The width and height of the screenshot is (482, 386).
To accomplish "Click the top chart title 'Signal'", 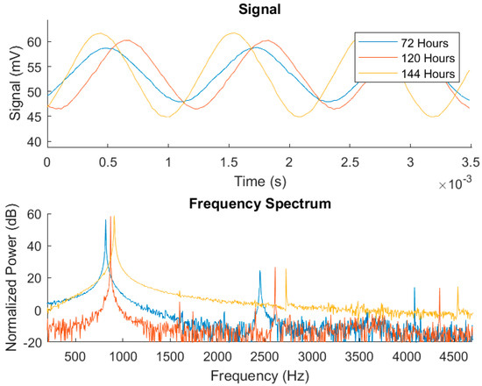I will pyautogui.click(x=259, y=10).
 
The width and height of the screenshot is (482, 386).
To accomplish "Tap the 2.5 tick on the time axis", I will pyautogui.click(x=350, y=162).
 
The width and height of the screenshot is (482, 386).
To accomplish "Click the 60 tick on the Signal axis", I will pyautogui.click(x=32, y=42).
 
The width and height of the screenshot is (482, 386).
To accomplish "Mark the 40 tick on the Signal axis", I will pyautogui.click(x=32, y=141).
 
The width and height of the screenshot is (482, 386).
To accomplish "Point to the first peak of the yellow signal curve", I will pyautogui.click(x=99, y=33).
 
